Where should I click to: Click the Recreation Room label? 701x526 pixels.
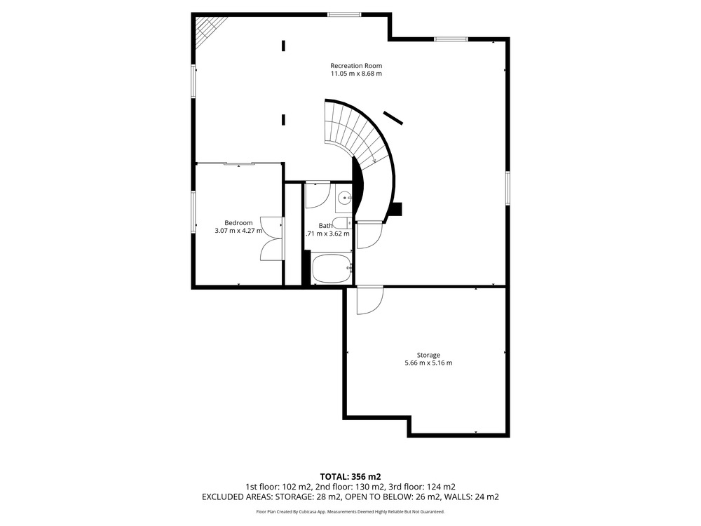[x=356, y=66]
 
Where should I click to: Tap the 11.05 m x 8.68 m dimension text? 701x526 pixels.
[x=356, y=74]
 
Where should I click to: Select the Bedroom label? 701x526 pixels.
[x=238, y=223]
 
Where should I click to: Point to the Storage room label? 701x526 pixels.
[x=428, y=355]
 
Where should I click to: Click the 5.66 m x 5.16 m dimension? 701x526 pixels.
[x=428, y=363]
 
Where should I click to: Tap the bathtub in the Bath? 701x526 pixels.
[x=332, y=268]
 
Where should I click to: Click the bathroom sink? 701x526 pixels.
[x=344, y=196]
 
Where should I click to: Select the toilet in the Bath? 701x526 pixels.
[x=343, y=223]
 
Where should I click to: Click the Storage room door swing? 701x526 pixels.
[x=369, y=300]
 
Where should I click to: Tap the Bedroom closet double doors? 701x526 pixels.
[x=272, y=238]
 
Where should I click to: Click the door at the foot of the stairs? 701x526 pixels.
[x=369, y=235]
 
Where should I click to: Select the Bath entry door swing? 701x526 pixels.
[x=318, y=195]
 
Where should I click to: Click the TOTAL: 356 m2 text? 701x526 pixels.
[x=350, y=477]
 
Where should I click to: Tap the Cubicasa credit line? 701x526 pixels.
[x=350, y=511]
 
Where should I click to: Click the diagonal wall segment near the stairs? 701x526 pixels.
[x=393, y=118]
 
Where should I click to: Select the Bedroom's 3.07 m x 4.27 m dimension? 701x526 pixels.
[x=238, y=231]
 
